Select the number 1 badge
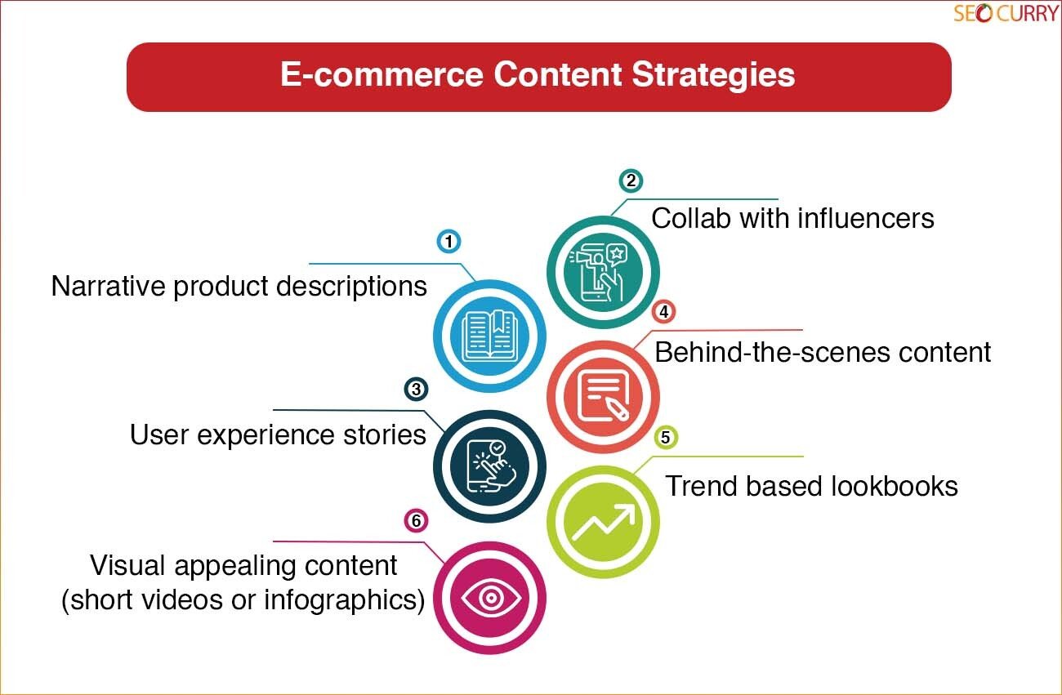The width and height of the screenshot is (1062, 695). coord(448,241)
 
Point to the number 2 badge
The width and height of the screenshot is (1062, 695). coord(631,180)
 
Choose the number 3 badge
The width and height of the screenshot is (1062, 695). coord(417,390)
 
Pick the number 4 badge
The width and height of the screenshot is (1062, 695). coord(663,312)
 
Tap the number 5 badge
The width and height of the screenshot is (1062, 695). coord(666,437)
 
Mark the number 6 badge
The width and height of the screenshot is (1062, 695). coord(417,520)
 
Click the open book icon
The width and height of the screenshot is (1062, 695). coord(490,336)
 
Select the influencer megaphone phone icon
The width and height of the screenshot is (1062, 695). coord(600,272)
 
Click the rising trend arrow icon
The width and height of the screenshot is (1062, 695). coord(604,522)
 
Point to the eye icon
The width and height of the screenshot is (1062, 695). coord(491,599)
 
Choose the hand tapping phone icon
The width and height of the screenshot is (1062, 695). coord(491,467)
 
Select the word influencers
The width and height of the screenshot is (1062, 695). coord(866,219)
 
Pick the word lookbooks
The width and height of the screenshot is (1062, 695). coord(892,486)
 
